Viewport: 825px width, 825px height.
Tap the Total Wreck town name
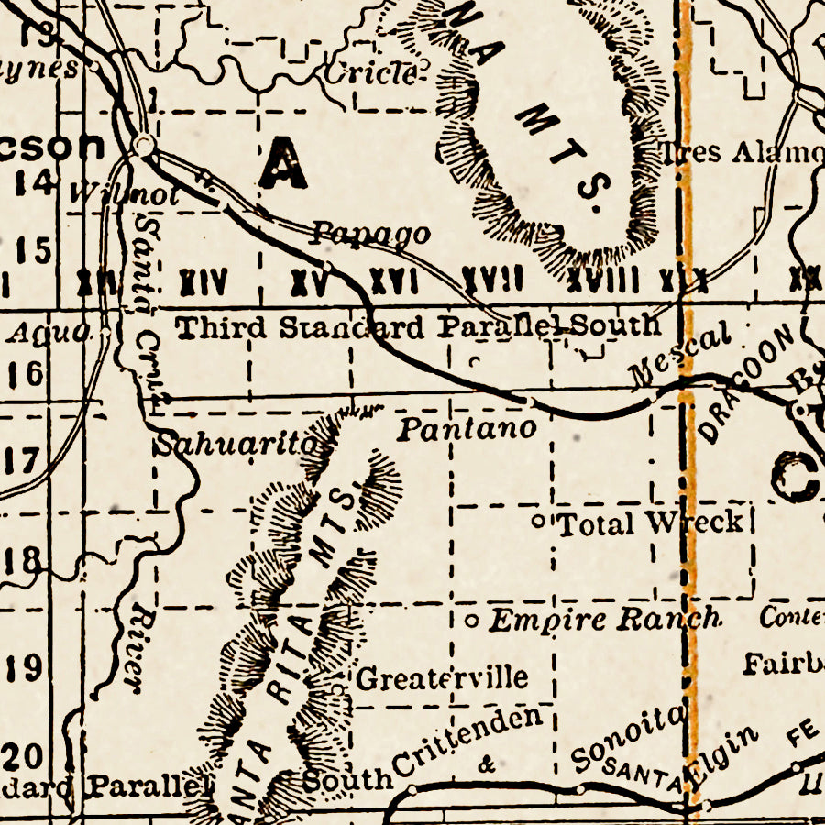(650, 522)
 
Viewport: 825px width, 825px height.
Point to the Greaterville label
(442, 678)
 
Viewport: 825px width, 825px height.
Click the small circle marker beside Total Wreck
(539, 522)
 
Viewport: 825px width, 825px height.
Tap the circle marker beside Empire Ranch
(471, 621)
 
